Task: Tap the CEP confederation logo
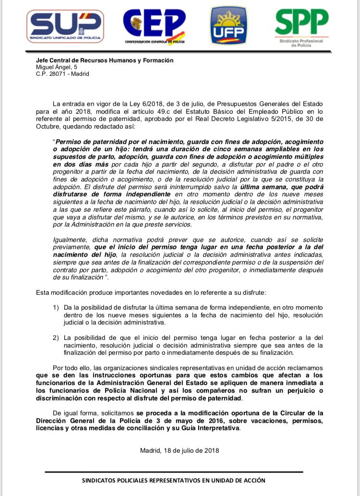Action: pyautogui.click(x=154, y=27)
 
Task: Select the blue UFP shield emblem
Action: pyautogui.click(x=228, y=26)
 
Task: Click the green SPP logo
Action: pyautogui.click(x=301, y=27)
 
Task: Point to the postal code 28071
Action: pyautogui.click(x=57, y=74)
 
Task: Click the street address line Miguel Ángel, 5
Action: pyautogui.click(x=57, y=67)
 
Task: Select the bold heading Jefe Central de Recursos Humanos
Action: pyautogui.click(x=105, y=60)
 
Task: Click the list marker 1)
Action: pyautogui.click(x=56, y=307)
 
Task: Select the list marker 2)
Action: pyautogui.click(x=56, y=338)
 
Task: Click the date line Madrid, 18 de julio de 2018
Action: pyautogui.click(x=180, y=450)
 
